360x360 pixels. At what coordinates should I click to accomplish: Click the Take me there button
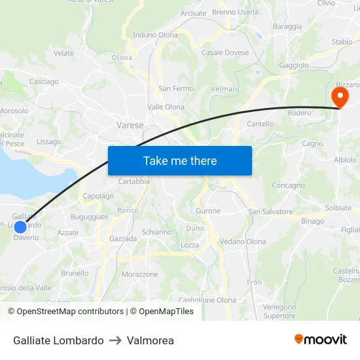180,160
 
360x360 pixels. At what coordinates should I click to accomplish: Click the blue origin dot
20,227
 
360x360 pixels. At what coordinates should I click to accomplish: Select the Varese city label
130,125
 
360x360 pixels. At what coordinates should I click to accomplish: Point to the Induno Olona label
155,35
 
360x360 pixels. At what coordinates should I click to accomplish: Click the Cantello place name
261,124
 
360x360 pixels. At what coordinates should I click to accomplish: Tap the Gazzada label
123,239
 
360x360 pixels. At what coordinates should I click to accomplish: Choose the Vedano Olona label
243,242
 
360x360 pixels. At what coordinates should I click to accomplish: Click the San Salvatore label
270,211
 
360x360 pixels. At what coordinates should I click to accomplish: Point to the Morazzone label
140,274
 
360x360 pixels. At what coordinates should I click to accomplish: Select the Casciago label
44,82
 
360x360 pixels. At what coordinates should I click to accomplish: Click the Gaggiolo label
294,65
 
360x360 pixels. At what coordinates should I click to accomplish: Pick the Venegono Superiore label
279,311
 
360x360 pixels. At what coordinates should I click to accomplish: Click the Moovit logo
321,340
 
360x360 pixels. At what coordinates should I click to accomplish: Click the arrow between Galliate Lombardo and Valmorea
115,340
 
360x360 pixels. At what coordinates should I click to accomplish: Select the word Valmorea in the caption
151,340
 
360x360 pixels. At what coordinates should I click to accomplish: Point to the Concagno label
289,185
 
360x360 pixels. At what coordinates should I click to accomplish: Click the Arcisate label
193,13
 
